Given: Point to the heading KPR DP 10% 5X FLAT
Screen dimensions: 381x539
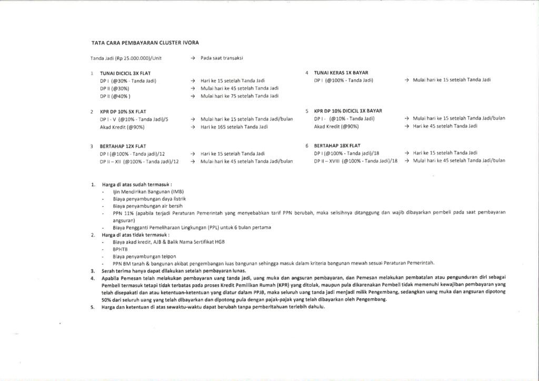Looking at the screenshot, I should tap(123, 112).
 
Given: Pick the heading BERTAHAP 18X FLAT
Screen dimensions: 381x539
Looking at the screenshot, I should tap(337, 145).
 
